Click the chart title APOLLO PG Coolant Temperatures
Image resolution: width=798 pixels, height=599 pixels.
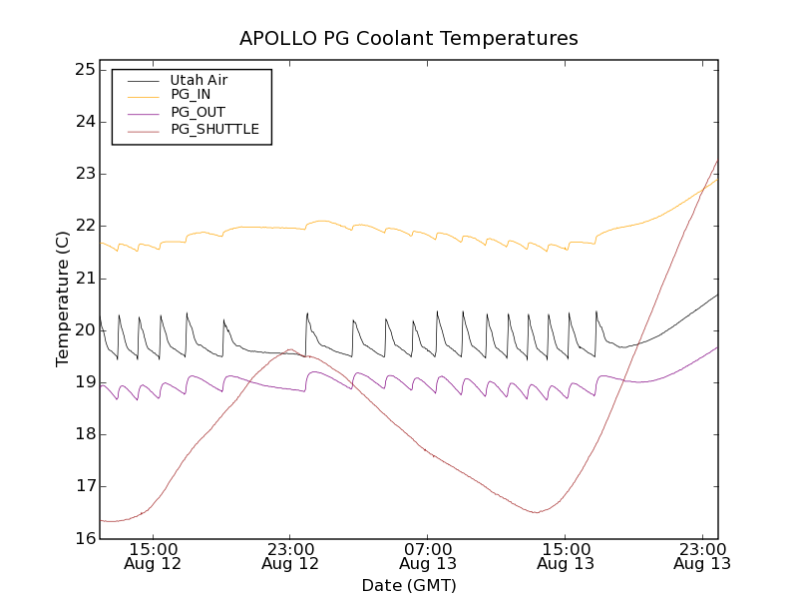click(408, 39)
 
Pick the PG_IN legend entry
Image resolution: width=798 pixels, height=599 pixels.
click(191, 95)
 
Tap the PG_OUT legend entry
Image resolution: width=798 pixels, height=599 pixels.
click(198, 112)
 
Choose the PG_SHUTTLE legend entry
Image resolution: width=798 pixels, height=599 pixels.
click(214, 129)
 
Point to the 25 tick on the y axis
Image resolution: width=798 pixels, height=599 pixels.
click(84, 70)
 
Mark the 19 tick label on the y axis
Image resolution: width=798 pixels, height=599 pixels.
click(84, 382)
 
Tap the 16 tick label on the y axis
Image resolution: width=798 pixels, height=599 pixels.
click(84, 538)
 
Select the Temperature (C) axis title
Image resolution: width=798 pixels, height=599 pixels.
click(63, 299)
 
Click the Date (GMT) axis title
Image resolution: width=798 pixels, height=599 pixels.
click(408, 585)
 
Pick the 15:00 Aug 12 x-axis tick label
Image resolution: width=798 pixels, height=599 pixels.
click(154, 556)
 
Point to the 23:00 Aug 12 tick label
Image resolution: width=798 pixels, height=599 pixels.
click(290, 556)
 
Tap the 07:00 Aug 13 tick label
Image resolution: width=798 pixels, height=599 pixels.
click(428, 556)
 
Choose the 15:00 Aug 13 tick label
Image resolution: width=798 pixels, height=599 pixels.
click(566, 556)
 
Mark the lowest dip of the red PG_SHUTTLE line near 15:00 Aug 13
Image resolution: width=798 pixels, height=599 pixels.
click(537, 512)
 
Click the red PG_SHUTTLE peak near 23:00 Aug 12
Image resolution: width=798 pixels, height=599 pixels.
click(289, 349)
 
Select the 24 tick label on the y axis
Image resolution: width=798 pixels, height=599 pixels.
click(84, 122)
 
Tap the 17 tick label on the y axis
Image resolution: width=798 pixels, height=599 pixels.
click(84, 486)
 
